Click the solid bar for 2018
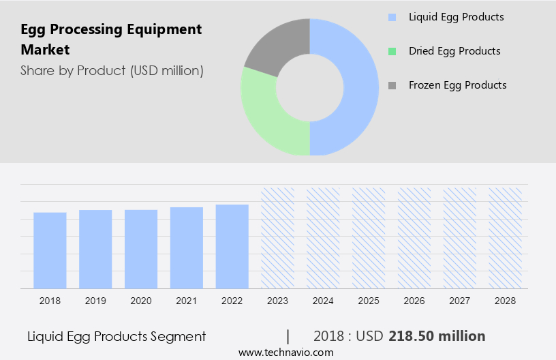(50, 250)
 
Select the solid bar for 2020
(141, 249)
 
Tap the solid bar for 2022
(232, 246)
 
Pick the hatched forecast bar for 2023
(277, 238)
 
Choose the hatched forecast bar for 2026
(414, 238)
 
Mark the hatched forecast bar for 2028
(506, 238)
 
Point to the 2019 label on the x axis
(95, 300)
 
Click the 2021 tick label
(187, 300)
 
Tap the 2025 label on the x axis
(369, 300)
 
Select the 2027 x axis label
(460, 300)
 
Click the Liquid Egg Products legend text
(456, 16)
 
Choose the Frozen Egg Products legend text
(457, 85)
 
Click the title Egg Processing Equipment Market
(111, 40)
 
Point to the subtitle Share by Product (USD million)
(112, 70)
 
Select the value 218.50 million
(437, 336)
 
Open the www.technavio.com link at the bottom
(285, 352)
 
